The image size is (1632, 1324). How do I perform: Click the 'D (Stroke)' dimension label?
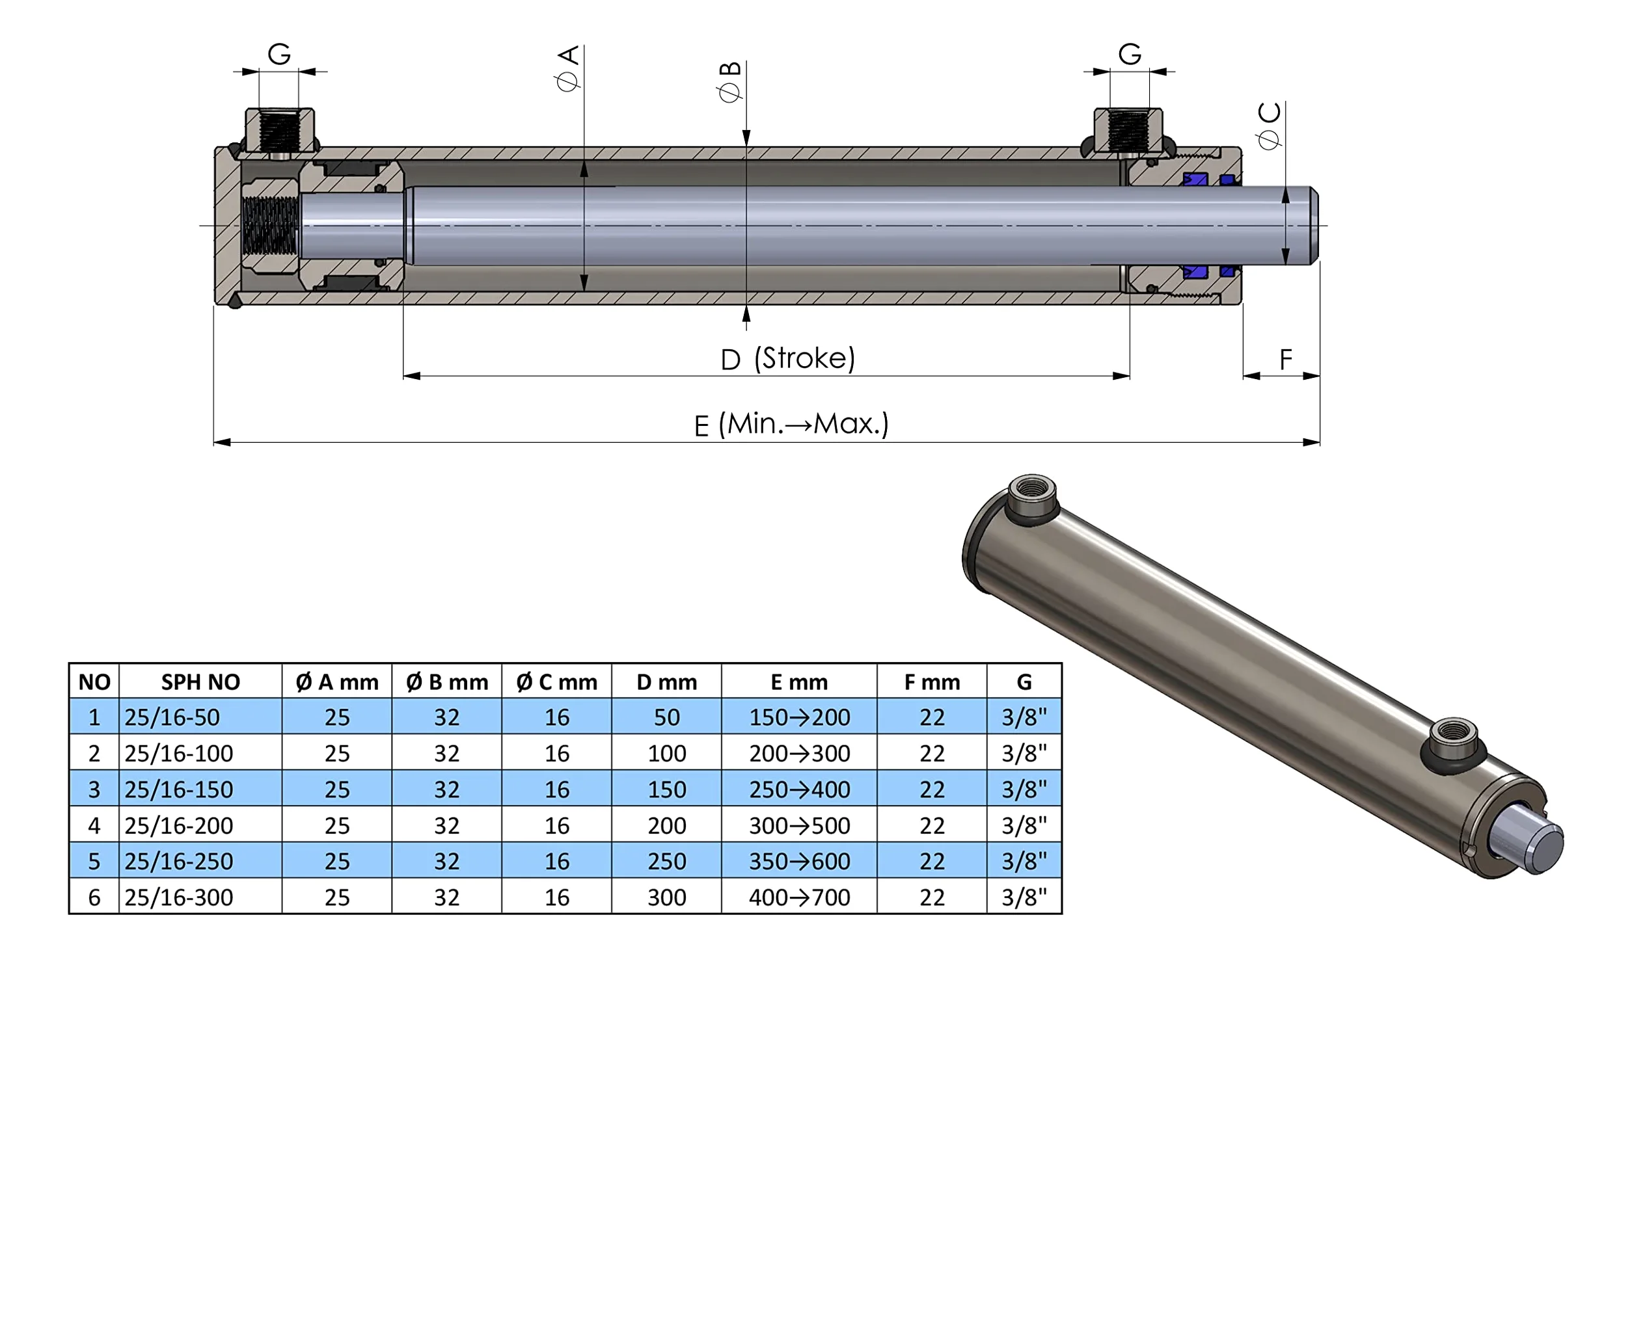(787, 358)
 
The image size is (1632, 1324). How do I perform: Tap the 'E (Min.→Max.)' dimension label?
(791, 424)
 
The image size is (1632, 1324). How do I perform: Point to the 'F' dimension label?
(1286, 358)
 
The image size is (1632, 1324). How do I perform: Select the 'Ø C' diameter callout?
(1269, 126)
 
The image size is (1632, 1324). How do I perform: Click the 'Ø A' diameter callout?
(569, 69)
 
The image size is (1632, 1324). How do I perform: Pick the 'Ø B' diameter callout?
(729, 81)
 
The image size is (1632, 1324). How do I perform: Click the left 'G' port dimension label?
(279, 54)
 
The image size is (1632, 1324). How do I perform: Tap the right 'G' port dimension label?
(1130, 54)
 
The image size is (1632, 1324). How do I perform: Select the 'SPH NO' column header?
(200, 682)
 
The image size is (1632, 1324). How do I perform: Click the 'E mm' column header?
(799, 682)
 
